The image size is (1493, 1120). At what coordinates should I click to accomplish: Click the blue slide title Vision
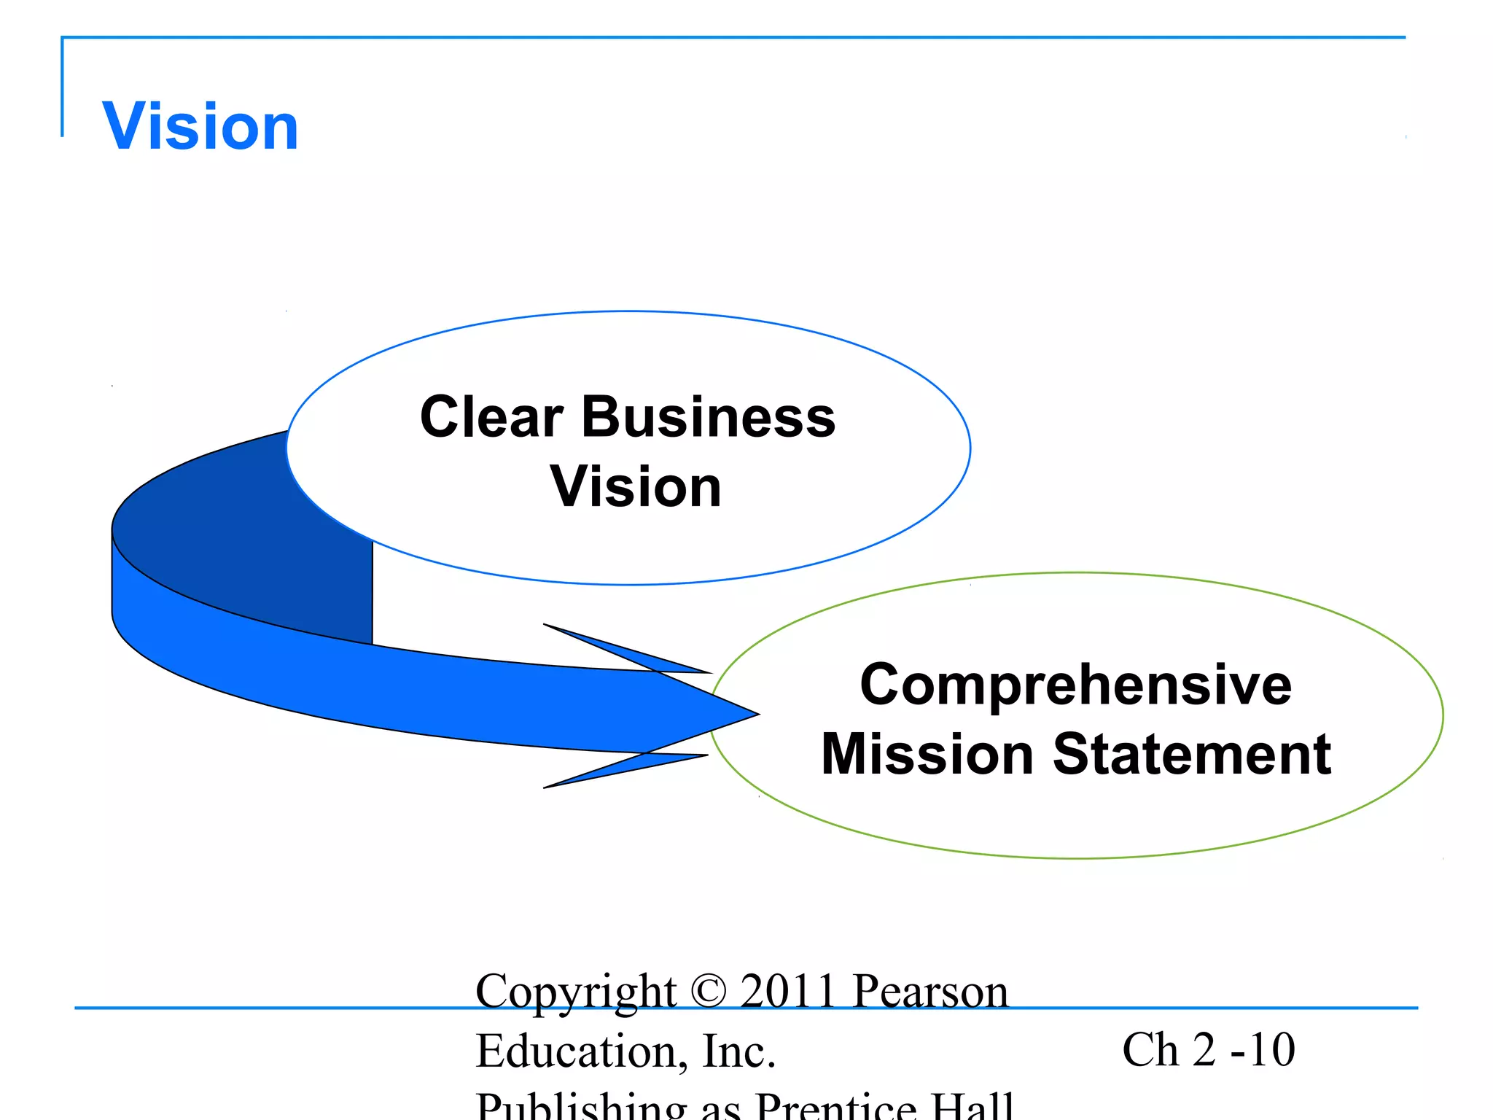(x=200, y=127)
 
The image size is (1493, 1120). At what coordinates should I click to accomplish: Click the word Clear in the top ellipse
(x=491, y=417)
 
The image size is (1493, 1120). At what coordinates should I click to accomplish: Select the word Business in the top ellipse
(x=708, y=417)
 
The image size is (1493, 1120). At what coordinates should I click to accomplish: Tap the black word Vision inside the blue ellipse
(x=635, y=487)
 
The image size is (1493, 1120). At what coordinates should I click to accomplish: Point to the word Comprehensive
(x=1075, y=685)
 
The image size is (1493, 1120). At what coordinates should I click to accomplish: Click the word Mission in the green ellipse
(x=928, y=754)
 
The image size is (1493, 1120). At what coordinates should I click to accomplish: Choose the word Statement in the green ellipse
(x=1192, y=754)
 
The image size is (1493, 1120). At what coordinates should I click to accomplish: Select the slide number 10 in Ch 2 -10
(x=1271, y=1050)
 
